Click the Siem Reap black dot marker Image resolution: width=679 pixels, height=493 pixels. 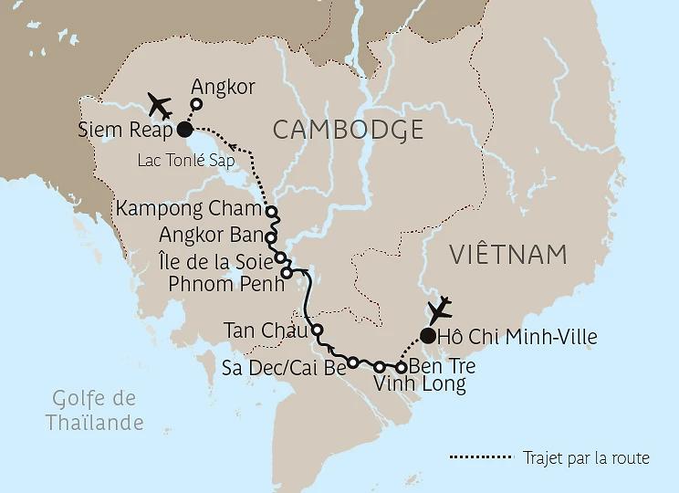(184, 130)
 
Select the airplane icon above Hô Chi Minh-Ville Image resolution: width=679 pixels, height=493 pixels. (441, 309)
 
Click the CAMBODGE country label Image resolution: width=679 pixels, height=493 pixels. (348, 130)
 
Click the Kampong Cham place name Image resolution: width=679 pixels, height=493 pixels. (189, 209)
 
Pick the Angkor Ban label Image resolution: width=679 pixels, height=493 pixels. (210, 234)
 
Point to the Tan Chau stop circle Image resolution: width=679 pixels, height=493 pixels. (318, 330)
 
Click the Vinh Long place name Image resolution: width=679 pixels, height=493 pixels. (420, 384)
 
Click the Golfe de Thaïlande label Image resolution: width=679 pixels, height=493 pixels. (94, 411)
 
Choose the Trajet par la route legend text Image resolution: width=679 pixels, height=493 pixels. (586, 457)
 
